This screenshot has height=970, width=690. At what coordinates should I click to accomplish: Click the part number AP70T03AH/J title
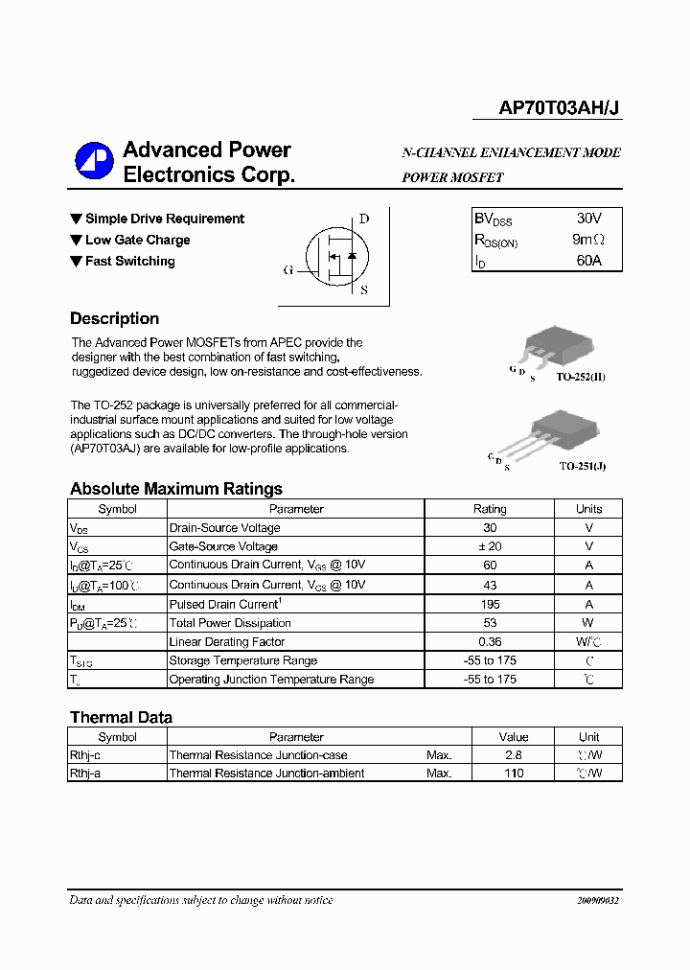coord(560,108)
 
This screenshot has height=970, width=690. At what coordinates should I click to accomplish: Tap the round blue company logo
coord(95,162)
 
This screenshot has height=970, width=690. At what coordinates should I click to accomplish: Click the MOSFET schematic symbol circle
coord(334,256)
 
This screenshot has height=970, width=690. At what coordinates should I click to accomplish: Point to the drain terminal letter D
coord(364,219)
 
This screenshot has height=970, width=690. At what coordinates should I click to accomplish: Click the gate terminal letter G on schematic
coord(287,270)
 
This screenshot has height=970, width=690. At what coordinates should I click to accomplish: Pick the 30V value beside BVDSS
coord(588,219)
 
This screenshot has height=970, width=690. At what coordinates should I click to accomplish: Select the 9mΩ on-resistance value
coord(587,240)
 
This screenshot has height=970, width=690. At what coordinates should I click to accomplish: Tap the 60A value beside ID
coord(588,260)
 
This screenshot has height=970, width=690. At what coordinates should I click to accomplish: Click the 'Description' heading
coord(114,318)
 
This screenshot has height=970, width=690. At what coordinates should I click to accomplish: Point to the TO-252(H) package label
coord(581,378)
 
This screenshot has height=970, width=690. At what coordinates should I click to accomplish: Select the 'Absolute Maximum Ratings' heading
coord(176,489)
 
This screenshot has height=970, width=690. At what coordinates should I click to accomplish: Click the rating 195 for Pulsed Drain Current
coord(490,604)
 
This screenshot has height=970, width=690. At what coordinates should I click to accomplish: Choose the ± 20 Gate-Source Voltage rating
coord(490,546)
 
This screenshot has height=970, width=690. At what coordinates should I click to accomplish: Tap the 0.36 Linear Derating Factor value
coord(490,641)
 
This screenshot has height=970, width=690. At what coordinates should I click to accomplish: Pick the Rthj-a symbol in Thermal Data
coord(85,773)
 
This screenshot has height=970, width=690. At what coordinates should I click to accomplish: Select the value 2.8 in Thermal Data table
coord(514,755)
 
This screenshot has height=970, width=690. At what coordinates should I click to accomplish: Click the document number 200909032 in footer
coord(598,901)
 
